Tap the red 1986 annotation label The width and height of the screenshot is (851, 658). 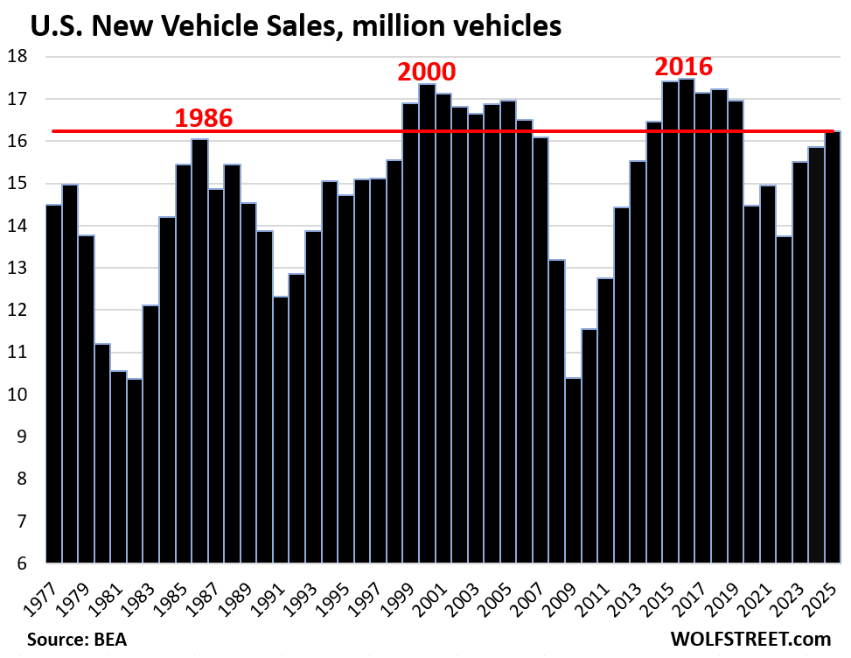click(x=204, y=118)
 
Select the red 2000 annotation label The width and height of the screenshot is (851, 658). click(x=427, y=73)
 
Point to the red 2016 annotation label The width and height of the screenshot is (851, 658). click(x=685, y=67)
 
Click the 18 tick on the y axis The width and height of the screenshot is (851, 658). click(x=19, y=57)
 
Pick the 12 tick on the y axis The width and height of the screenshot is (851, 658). click(x=19, y=311)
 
